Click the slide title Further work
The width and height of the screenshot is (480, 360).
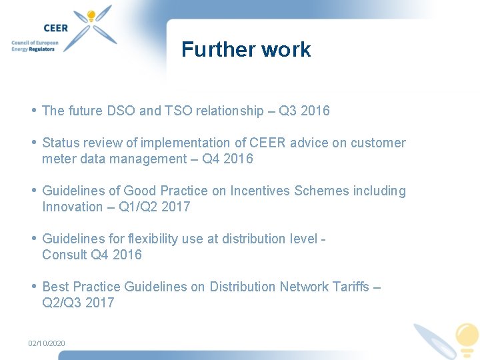click(x=245, y=49)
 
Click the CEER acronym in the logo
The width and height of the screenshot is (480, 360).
click(x=55, y=28)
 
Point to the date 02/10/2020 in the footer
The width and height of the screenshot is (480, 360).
click(x=47, y=343)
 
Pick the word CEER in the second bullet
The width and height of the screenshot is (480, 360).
click(x=266, y=143)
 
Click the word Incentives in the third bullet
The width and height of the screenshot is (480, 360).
click(x=260, y=191)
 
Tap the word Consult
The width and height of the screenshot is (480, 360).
click(x=65, y=255)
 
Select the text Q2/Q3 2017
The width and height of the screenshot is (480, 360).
click(x=78, y=303)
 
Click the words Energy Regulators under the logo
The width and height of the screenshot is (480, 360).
click(x=35, y=49)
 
